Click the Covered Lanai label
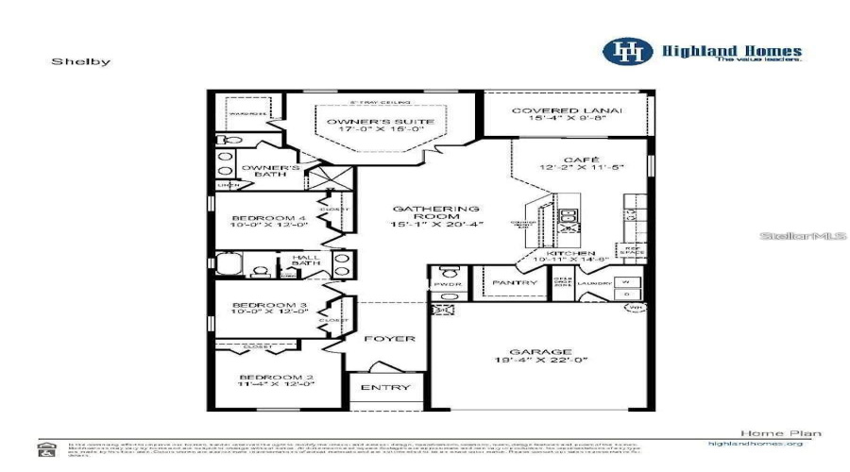tap(567, 111)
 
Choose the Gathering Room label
tap(436, 210)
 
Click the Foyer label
tap(390, 338)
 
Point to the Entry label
tap(385, 387)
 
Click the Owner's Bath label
tap(271, 171)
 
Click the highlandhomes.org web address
tap(755, 443)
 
